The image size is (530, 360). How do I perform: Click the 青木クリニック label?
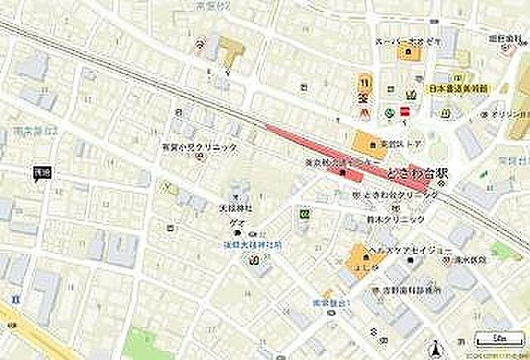pyautogui.click(x=396, y=218)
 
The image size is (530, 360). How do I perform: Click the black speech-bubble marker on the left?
pyautogui.click(x=42, y=172)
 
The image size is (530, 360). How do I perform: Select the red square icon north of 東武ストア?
pyautogui.click(x=405, y=112)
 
